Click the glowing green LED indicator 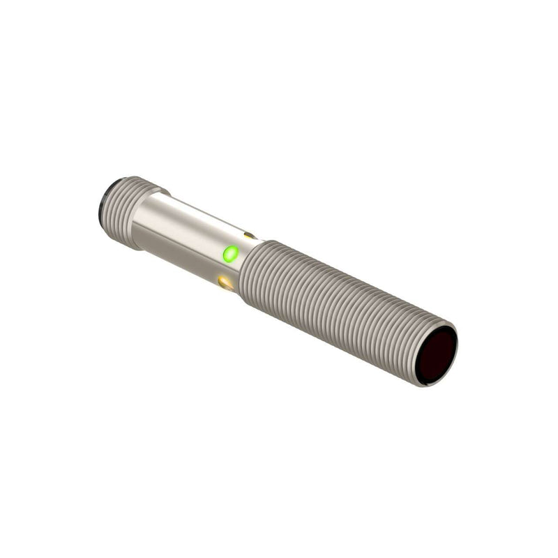(230, 253)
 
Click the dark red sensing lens (437, 354)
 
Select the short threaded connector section (129, 212)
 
